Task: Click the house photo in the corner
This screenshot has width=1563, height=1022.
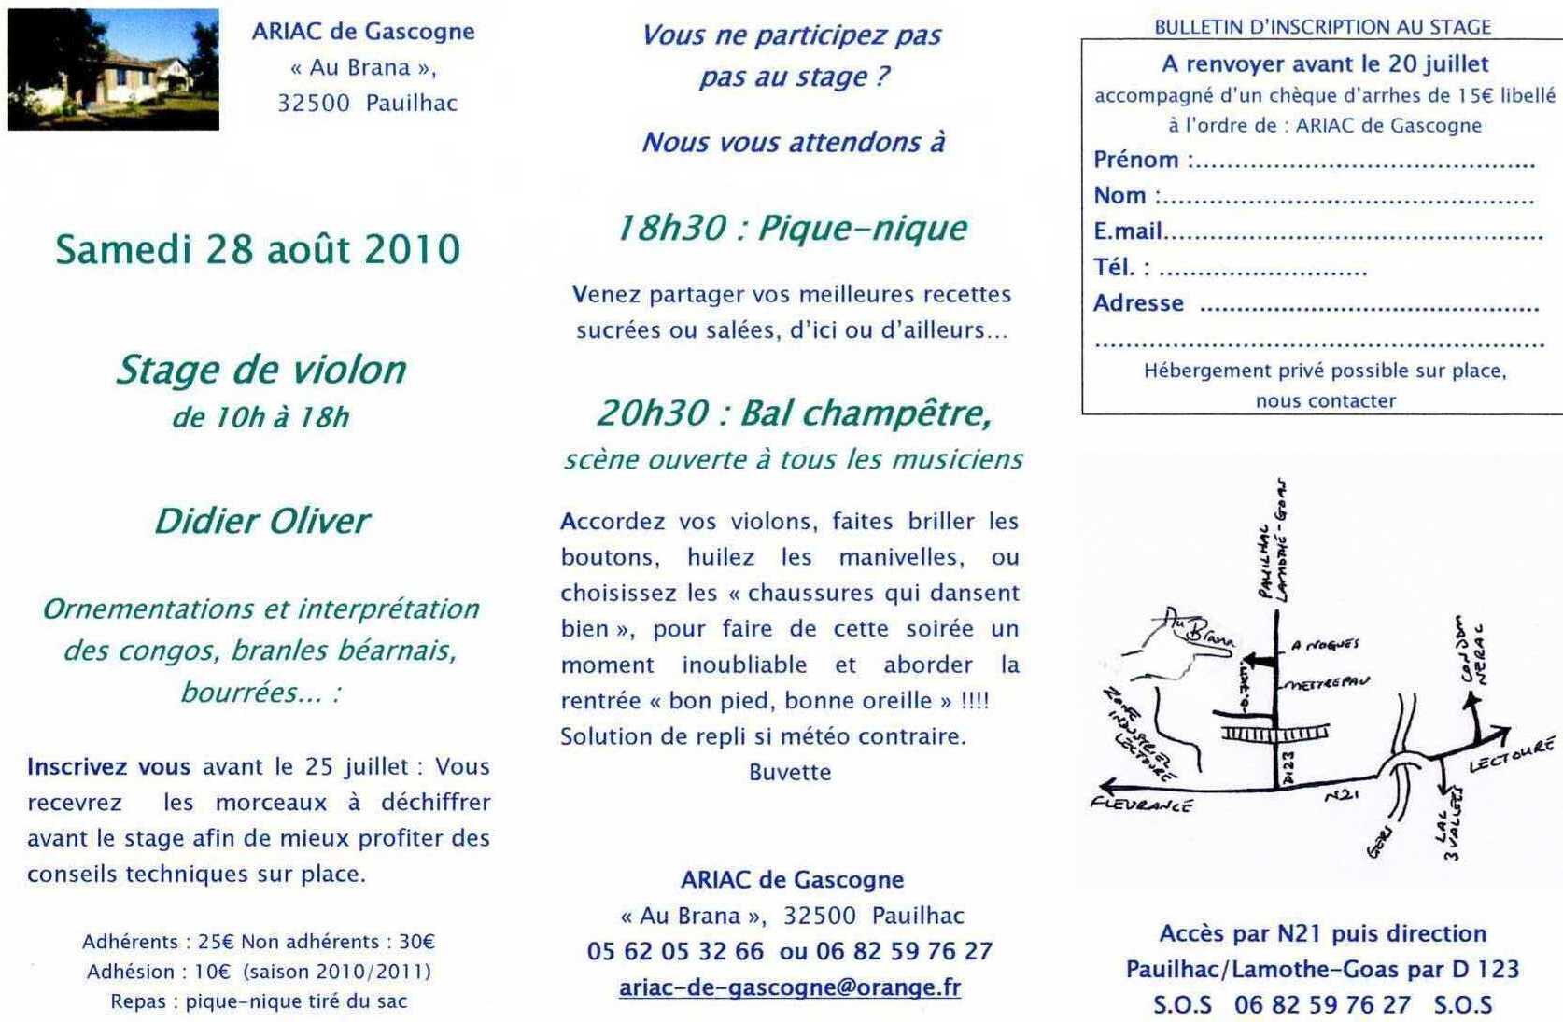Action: point(113,69)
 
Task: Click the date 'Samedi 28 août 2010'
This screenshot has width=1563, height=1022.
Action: point(258,249)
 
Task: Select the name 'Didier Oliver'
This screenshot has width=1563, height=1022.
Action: point(261,521)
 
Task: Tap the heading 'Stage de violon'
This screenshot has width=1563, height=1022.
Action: point(260,370)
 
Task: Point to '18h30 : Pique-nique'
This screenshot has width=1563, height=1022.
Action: point(791,228)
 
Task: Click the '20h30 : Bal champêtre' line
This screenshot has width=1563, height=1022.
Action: point(793,413)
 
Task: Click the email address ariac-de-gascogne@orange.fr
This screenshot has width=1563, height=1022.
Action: point(789,987)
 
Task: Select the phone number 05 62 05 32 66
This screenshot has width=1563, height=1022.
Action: point(675,951)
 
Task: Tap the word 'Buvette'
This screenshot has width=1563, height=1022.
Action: point(790,772)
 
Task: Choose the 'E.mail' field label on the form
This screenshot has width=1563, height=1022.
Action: point(1128,231)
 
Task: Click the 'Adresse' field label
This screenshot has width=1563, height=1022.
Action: point(1138,303)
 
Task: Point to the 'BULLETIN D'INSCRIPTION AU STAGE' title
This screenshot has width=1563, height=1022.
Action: point(1322,27)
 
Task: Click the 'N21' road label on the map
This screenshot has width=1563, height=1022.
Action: point(1341,793)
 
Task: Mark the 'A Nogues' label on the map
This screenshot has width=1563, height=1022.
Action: point(1325,644)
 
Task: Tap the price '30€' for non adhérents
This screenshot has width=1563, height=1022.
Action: point(416,942)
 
